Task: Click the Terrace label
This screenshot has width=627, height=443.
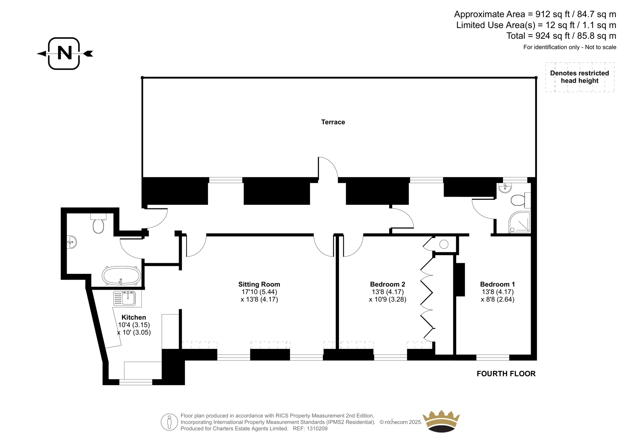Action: (333, 122)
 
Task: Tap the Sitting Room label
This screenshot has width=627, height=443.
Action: (259, 284)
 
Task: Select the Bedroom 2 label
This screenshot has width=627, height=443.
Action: (388, 284)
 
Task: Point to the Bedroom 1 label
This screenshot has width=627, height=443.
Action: (497, 284)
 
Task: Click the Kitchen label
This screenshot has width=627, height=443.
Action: (134, 317)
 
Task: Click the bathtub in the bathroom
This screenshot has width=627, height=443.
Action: (121, 276)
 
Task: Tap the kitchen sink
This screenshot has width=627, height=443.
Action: (125, 298)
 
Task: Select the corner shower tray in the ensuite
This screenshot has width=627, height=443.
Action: (519, 222)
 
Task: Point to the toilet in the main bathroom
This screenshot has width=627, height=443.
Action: (98, 224)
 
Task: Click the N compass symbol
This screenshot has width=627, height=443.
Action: (65, 53)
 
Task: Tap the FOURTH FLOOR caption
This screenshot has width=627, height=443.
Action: (506, 374)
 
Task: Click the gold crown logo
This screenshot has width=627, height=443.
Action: (441, 421)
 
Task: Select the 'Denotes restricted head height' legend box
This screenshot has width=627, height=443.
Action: (580, 77)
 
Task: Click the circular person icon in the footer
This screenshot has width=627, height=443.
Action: (169, 422)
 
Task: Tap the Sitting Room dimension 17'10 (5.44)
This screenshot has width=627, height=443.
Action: (259, 292)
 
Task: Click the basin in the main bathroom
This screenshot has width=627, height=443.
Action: (72, 242)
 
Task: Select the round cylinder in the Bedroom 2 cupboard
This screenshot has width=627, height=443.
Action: (444, 244)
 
